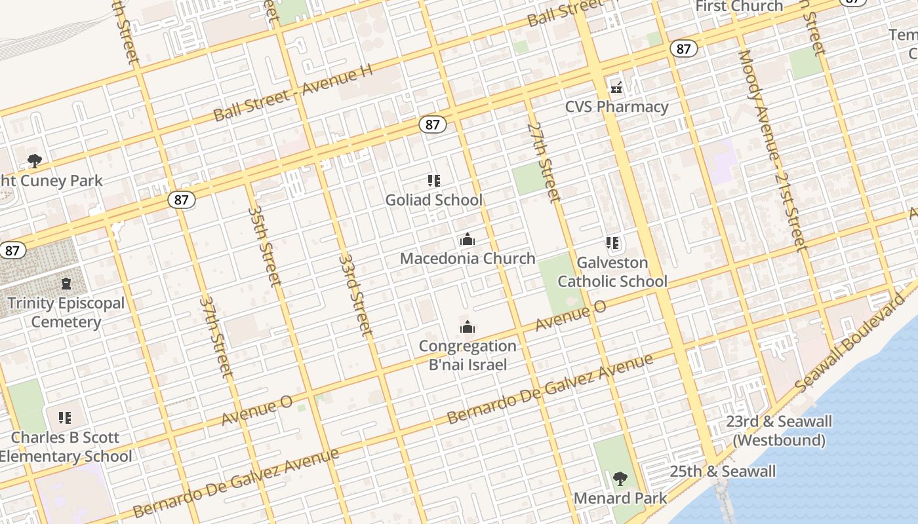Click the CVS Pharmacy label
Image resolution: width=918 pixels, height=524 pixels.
[617, 107]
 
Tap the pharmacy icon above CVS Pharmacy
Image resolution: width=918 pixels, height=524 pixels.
[616, 86]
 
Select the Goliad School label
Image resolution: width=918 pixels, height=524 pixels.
[433, 200]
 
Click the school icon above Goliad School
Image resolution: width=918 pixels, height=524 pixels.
[433, 180]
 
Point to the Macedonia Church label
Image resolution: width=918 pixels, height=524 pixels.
[468, 258]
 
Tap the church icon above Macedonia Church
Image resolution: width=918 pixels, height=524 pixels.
[468, 239]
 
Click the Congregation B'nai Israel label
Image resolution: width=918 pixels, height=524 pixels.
[468, 355]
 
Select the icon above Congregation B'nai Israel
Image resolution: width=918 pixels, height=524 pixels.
[468, 326]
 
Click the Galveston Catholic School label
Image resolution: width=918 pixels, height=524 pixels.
[612, 272]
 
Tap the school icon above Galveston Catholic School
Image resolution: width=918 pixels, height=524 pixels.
[612, 244]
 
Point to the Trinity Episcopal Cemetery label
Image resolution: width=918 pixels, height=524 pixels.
[66, 312]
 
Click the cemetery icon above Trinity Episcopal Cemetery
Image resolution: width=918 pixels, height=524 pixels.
[66, 284]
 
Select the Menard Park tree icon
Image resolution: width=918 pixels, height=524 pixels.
[620, 479]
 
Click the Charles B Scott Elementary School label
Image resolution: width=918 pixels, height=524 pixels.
[66, 447]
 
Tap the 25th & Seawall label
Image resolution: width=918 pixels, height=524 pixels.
[723, 472]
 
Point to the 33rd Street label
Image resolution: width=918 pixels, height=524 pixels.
[356, 295]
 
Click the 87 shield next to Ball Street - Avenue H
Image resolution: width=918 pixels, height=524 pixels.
[431, 124]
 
